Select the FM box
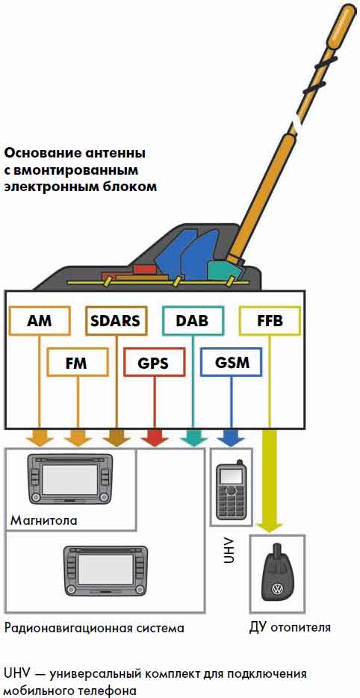pyautogui.click(x=78, y=362)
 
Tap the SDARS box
pyautogui.click(x=116, y=320)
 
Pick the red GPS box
pyautogui.click(x=154, y=362)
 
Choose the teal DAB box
pyautogui.click(x=193, y=320)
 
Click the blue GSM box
pyautogui.click(x=232, y=362)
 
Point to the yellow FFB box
pyautogui.click(x=270, y=320)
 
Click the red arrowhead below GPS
pyautogui.click(x=154, y=438)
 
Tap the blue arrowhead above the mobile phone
pyautogui.click(x=232, y=438)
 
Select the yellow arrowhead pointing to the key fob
pyautogui.click(x=270, y=524)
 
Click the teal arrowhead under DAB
pyautogui.click(x=193, y=438)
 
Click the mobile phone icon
pyautogui.click(x=232, y=490)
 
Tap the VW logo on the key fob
pyautogui.click(x=277, y=591)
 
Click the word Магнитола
pyautogui.click(x=43, y=520)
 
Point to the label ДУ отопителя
pyautogui.click(x=290, y=628)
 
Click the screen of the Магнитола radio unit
pyautogui.click(x=69, y=477)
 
